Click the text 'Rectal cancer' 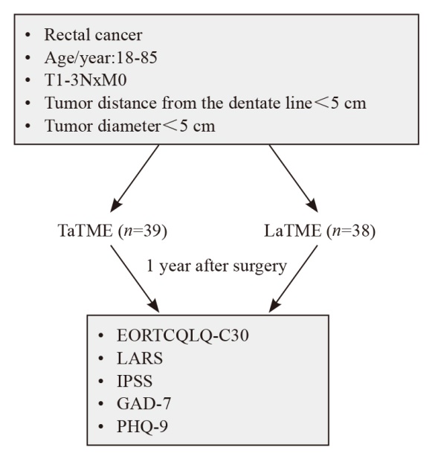(x=93, y=35)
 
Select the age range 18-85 (x=137, y=57)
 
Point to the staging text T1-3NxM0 (x=86, y=80)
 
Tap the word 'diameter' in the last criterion (x=129, y=126)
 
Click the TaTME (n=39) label (x=112, y=231)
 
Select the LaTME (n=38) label (x=320, y=231)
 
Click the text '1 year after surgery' (x=216, y=266)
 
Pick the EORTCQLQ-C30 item (x=183, y=336)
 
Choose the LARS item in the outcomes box (x=140, y=358)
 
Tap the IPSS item (x=135, y=381)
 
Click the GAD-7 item (x=144, y=403)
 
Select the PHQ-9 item (x=143, y=426)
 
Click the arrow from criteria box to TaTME (x=135, y=179)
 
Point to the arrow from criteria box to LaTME (x=294, y=179)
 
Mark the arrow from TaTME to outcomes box (x=135, y=279)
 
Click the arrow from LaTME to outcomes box (x=293, y=279)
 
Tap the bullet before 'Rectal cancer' (x=28, y=35)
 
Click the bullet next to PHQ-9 (x=101, y=426)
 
